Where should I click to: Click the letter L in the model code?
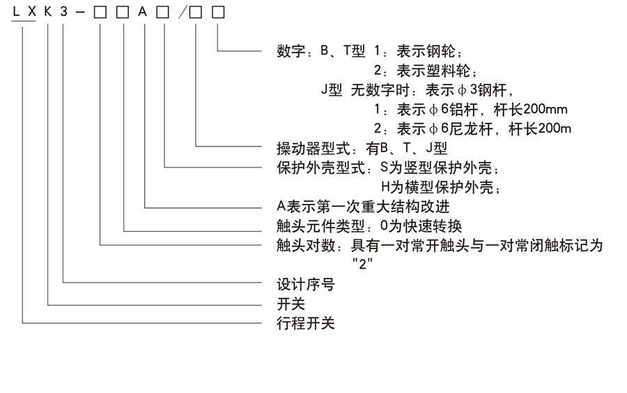pyautogui.click(x=15, y=13)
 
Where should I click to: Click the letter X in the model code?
pyautogui.click(x=31, y=13)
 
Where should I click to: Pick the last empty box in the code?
pyautogui.click(x=218, y=13)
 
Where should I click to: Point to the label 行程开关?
pyautogui.click(x=306, y=324)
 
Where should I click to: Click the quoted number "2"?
pyautogui.click(x=362, y=265)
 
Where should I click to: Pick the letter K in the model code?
pyautogui.click(x=47, y=13)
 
